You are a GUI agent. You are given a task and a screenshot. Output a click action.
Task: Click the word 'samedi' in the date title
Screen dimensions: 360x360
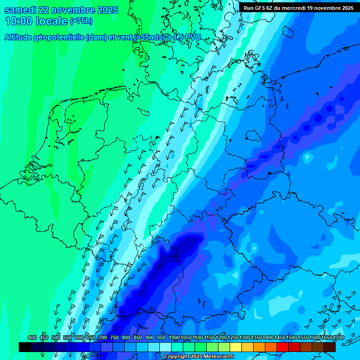coord(21,10)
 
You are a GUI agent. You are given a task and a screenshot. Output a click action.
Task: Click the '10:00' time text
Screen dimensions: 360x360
coord(18,21)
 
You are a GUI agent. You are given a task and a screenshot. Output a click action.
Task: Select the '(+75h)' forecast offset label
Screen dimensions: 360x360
coord(82,21)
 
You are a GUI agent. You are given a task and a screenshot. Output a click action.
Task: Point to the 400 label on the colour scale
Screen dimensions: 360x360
coord(32,338)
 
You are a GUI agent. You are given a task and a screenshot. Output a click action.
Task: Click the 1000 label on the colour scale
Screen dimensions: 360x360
coord(174,338)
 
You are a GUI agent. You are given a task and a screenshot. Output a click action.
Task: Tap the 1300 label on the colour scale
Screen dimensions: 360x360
coord(245,338)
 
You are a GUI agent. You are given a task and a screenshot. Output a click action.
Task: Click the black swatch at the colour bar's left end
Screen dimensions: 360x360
coord(25,347)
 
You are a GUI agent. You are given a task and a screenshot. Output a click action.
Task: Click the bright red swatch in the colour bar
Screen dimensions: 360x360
coord(283,347)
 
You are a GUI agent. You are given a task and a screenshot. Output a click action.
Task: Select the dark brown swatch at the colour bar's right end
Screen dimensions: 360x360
coord(330,347)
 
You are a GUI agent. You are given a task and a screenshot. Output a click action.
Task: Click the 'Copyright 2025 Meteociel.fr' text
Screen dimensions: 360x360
coord(199,357)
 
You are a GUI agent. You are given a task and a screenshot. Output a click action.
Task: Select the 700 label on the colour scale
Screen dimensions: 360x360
coord(103,338)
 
